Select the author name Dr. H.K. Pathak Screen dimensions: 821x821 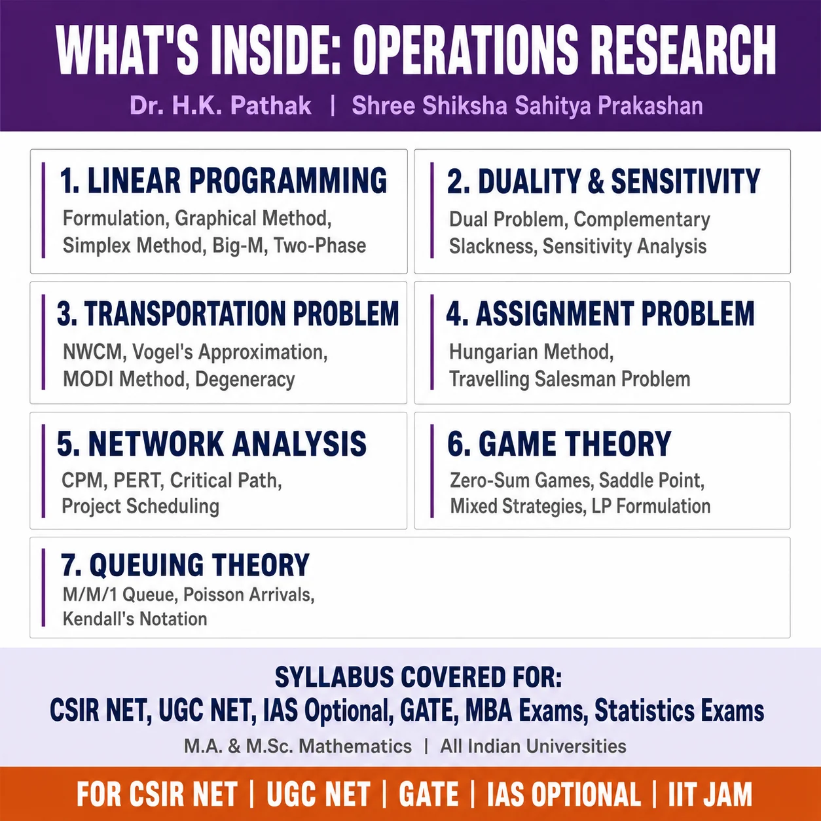pyautogui.click(x=221, y=105)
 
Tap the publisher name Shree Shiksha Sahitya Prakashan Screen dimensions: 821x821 pyautogui.click(x=528, y=105)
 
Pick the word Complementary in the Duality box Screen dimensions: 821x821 pyautogui.click(x=642, y=220)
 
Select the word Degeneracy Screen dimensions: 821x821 pyautogui.click(x=245, y=379)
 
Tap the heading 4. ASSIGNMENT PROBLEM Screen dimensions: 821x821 pyautogui.click(x=600, y=314)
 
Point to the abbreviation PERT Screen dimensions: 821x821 pyautogui.click(x=139, y=480)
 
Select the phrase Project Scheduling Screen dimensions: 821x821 pyautogui.click(x=141, y=507)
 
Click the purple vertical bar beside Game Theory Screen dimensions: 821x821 pyautogui.click(x=432, y=471)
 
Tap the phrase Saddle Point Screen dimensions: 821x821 pyautogui.click(x=651, y=480)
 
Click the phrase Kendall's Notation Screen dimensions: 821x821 pyautogui.click(x=135, y=619)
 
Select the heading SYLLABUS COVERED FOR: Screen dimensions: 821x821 pyautogui.click(x=418, y=677)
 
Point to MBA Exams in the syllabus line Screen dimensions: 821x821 pyautogui.click(x=526, y=710)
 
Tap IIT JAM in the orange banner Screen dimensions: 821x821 pyautogui.click(x=710, y=795)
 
